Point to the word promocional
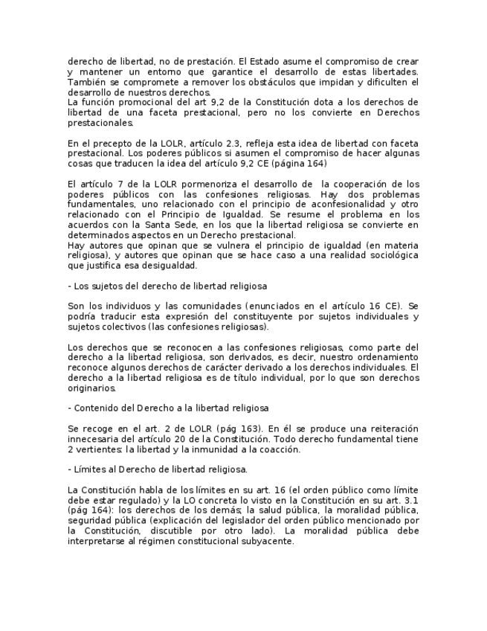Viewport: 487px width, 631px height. coord(138,102)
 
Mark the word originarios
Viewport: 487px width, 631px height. coord(91,388)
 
